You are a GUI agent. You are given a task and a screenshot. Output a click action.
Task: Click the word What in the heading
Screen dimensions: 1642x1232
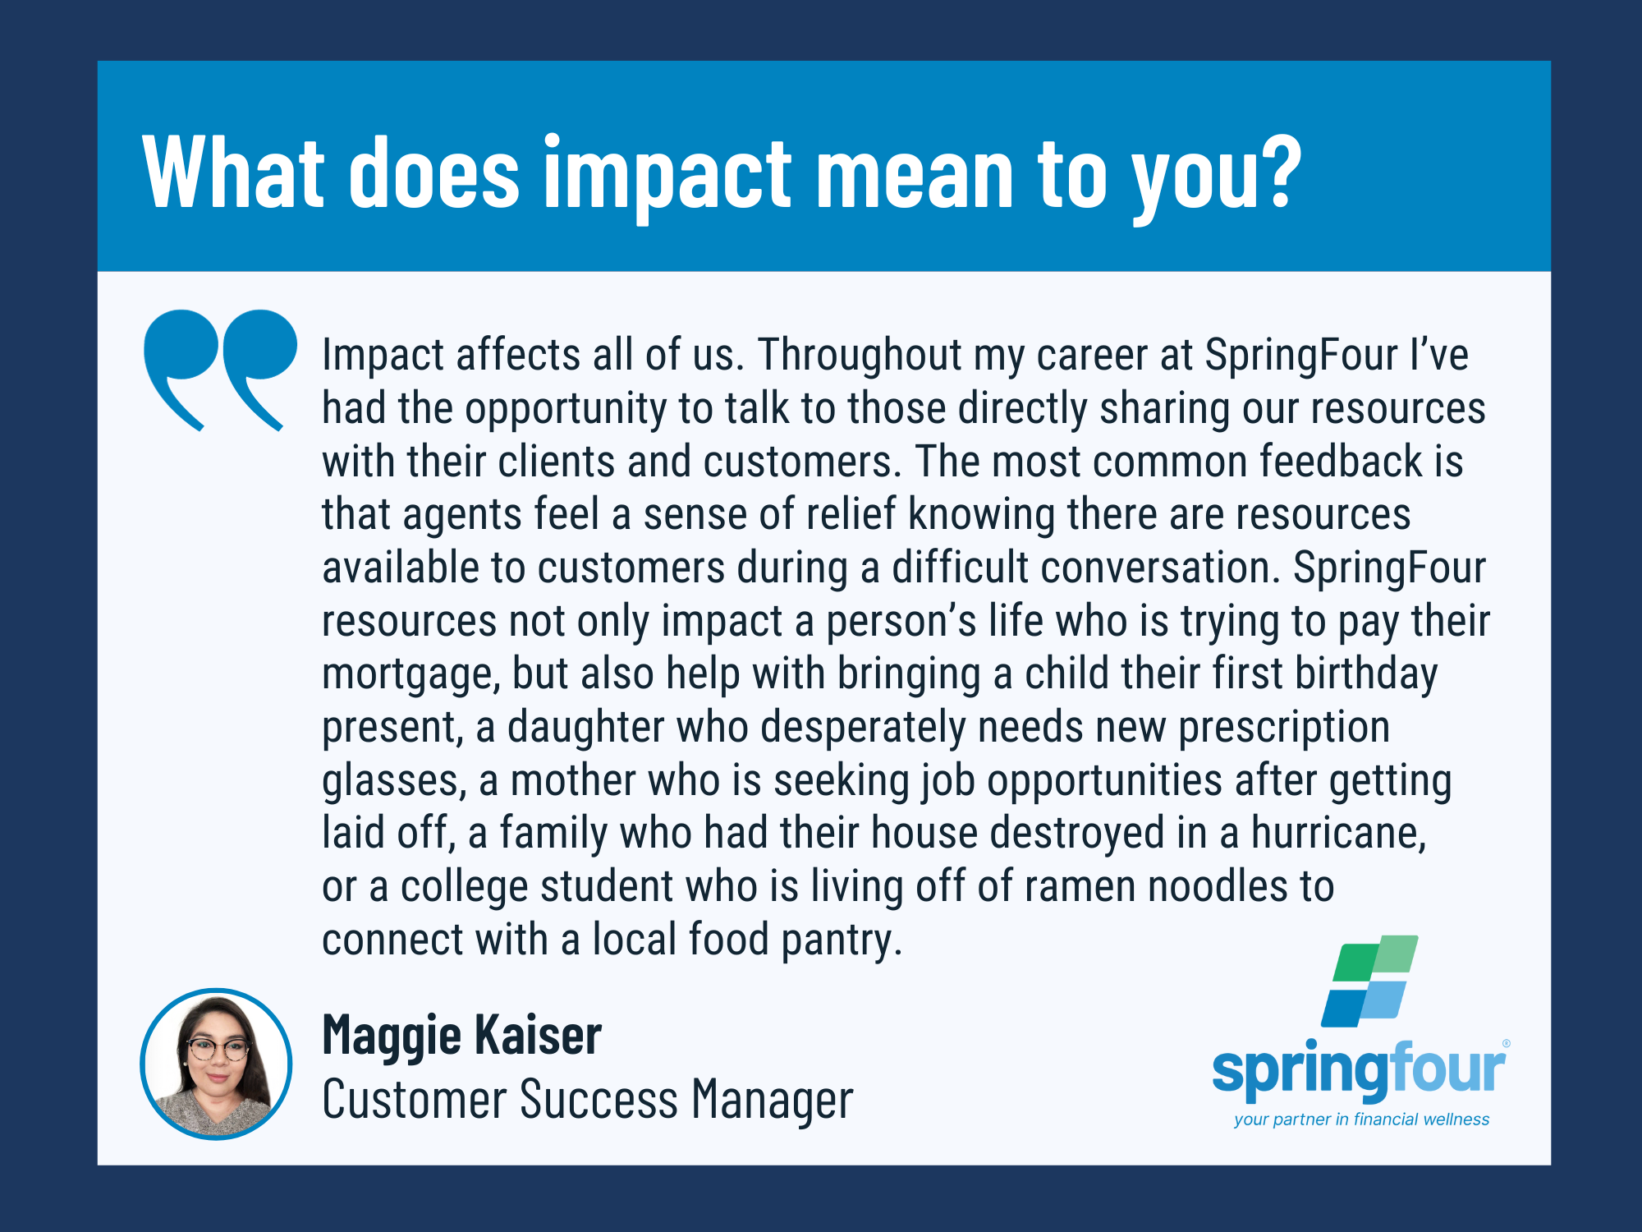[233, 172]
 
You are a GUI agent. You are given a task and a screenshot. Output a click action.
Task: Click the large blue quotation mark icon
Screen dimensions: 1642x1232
[220, 370]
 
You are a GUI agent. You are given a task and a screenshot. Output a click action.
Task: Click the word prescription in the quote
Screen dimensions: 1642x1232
[1284, 729]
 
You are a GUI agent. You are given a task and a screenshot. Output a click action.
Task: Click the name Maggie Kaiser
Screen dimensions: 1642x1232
[461, 1037]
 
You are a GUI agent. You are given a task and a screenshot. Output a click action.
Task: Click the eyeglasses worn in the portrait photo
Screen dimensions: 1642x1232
[218, 1049]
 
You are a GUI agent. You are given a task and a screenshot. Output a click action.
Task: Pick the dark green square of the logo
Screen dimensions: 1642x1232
[1356, 962]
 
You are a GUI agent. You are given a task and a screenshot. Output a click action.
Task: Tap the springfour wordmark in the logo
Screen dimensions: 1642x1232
[1360, 1069]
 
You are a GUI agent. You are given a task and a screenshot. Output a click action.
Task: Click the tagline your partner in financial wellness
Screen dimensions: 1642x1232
[1361, 1119]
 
